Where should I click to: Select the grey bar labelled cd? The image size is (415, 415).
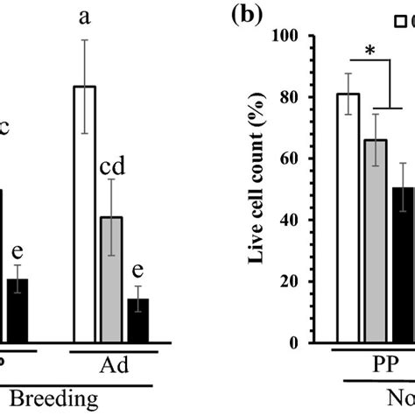click(x=111, y=279)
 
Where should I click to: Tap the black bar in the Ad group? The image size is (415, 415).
click(x=137, y=320)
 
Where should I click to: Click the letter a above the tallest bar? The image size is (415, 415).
click(x=85, y=17)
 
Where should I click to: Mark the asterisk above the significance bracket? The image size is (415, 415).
click(x=372, y=51)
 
